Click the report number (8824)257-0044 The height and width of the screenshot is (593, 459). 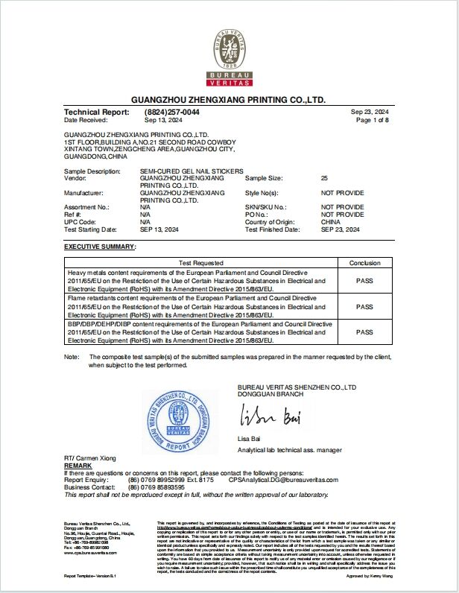click(172, 112)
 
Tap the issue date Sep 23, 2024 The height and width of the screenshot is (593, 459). click(370, 112)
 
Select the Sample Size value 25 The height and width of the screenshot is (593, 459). click(324, 179)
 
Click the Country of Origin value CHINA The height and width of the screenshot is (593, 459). click(331, 222)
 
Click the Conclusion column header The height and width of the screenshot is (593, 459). click(364, 263)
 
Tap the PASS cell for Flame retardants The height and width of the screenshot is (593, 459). click(364, 306)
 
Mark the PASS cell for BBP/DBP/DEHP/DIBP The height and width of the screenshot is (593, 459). click(364, 332)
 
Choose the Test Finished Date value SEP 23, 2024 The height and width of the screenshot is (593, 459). click(341, 229)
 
